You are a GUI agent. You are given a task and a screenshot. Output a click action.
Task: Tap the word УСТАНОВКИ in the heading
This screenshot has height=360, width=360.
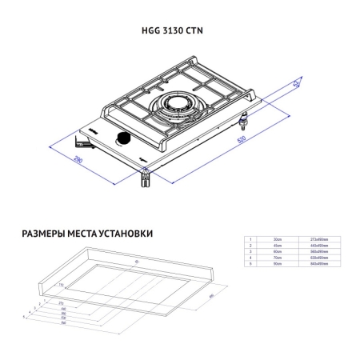[123, 234]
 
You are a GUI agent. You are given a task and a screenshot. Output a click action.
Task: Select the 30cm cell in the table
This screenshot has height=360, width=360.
[278, 239]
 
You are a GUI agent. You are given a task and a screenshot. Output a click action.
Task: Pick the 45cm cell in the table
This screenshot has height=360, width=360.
[278, 246]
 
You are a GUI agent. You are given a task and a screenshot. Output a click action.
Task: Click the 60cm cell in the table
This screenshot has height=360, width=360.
[278, 252]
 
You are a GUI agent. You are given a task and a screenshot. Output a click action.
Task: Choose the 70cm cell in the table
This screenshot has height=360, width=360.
[278, 258]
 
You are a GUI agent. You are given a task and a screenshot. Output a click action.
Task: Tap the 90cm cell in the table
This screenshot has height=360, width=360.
[278, 265]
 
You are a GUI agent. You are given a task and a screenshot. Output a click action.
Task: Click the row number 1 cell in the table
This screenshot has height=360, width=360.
[250, 239]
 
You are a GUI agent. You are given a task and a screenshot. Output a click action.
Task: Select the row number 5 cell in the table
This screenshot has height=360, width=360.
[250, 265]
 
